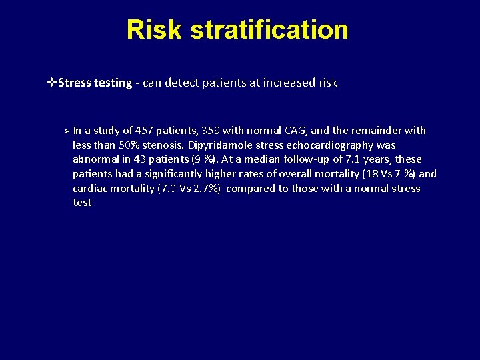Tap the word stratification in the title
coord(269,30)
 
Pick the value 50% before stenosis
coord(129,145)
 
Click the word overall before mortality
coord(297,174)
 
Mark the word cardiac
coord(91,189)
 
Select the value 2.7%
coord(206,189)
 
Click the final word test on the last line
coord(82,203)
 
